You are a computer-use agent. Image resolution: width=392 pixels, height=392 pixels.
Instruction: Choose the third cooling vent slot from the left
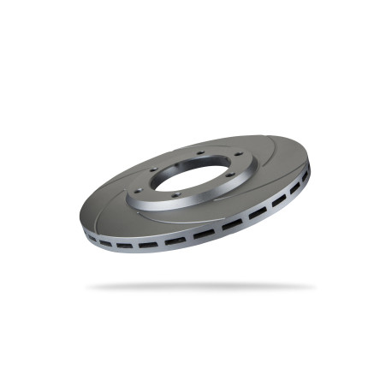146,245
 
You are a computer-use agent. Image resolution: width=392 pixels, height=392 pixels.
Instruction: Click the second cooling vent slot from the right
290,192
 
